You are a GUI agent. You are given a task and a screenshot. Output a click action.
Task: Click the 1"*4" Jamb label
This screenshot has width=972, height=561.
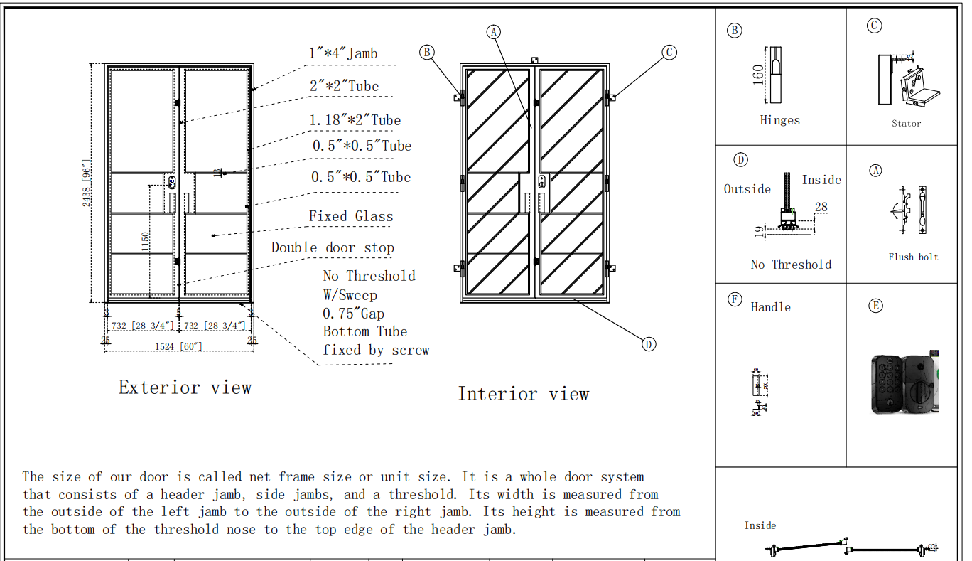coord(342,53)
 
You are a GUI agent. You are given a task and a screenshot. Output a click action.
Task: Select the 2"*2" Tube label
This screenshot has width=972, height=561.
coord(344,86)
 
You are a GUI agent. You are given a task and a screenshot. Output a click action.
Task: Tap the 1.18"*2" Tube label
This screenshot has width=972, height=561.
coord(355,120)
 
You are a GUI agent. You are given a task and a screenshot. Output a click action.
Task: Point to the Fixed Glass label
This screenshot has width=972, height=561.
coord(350,216)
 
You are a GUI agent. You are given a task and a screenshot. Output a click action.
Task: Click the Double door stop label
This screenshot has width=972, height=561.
coord(333,247)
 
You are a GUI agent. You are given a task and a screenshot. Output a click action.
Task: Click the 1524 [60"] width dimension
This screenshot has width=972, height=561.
coord(178,346)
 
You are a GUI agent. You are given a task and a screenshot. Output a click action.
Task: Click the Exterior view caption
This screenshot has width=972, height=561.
coord(185,388)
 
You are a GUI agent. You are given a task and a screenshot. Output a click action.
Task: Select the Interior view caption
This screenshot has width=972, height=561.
coord(523,394)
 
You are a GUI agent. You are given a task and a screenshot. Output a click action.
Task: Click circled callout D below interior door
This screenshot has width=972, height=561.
coord(648,344)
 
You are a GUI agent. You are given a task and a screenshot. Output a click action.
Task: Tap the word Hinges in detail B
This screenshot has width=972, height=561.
coord(779,120)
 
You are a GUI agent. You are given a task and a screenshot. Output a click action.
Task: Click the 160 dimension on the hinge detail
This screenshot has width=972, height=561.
coord(757,73)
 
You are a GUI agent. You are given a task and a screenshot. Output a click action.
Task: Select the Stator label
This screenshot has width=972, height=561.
coord(906,124)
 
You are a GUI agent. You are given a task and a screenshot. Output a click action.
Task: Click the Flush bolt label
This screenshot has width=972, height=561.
coord(913,257)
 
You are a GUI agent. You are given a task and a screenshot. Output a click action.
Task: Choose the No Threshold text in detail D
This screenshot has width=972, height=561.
coord(791,265)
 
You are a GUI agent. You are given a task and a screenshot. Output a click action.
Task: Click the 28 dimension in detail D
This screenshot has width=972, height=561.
coord(821,208)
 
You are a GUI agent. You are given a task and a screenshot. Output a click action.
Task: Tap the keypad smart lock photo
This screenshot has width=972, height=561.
coord(902,383)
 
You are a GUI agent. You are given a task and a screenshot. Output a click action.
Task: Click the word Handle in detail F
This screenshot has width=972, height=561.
coord(770,307)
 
